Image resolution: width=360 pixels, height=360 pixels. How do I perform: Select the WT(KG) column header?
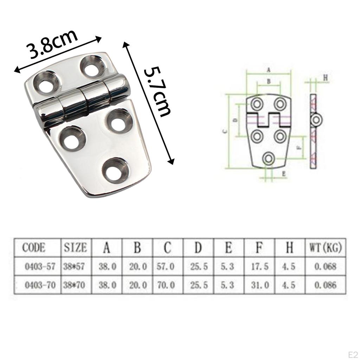pos(326,248)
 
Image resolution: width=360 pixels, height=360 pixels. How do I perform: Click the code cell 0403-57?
pos(40,266)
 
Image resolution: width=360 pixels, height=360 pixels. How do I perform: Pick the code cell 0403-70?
pos(40,285)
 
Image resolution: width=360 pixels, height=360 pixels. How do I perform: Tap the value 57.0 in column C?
pos(165,266)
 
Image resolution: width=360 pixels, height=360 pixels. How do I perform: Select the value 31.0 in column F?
pos(260,285)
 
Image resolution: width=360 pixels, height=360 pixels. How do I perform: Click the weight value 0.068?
pos(326,266)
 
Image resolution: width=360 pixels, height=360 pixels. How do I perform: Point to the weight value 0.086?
pos(326,285)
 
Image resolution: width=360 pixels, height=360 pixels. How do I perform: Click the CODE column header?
pos(34,248)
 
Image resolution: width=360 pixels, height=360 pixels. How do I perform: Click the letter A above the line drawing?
pos(269,70)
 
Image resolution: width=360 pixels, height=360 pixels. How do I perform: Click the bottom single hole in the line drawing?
pos(269,159)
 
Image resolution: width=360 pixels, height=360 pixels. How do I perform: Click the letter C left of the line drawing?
pos(225,131)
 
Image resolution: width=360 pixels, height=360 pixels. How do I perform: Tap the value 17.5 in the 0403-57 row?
pos(260,266)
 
